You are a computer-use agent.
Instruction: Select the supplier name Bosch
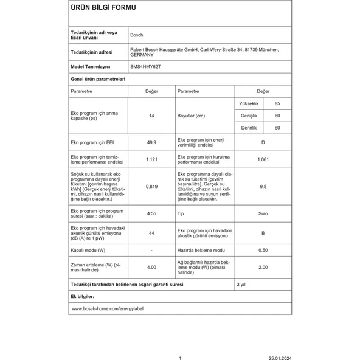point(137,35)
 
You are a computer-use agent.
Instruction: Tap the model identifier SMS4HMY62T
point(145,66)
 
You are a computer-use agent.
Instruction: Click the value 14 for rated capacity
point(151,116)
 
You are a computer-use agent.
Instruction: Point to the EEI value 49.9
point(151,142)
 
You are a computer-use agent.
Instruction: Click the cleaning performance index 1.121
point(151,160)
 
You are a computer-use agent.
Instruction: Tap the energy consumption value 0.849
point(151,187)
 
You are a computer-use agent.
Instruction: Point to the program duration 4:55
point(151,214)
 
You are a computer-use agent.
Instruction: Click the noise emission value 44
point(151,233)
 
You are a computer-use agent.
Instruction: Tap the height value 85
point(277,104)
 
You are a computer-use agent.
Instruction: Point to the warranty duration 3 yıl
point(241,284)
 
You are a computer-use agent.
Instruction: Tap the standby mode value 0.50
point(263,250)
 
